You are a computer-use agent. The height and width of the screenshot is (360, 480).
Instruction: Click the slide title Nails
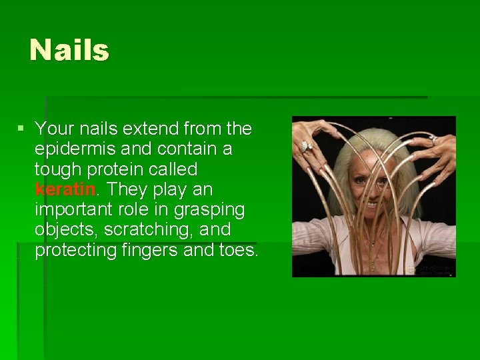69,50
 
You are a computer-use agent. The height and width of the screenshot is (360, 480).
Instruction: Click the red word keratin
65,189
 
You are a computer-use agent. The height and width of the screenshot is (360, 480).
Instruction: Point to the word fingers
151,251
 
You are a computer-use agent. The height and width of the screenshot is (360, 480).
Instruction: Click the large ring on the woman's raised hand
305,145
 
